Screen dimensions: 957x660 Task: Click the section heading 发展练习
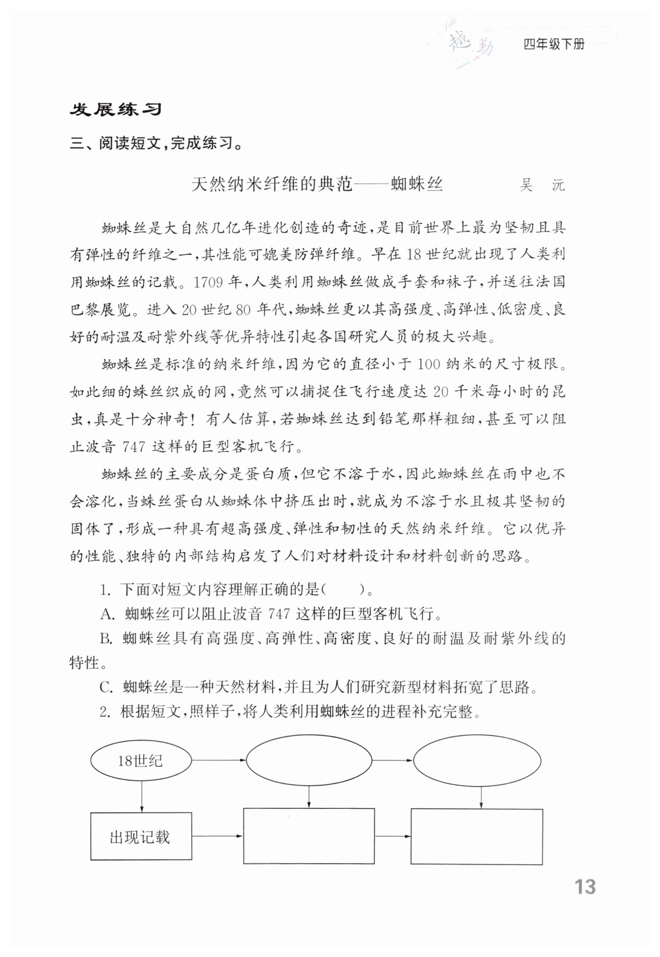pos(115,109)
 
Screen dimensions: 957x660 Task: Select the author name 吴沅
pos(542,186)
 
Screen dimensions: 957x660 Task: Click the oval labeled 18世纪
pos(140,761)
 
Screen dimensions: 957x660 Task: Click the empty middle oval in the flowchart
pos(308,761)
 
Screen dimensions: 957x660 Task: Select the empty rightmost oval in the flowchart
pos(477,761)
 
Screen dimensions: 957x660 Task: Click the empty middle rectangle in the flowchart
pos(309,836)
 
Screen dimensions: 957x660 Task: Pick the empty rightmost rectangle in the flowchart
pos(477,837)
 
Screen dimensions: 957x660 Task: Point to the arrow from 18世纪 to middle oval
pos(218,760)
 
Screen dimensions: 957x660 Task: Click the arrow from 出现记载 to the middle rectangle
pos(217,836)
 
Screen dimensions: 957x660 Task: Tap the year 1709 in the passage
pos(208,282)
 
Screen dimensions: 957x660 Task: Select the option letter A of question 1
pos(107,614)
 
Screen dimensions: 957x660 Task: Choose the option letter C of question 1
pos(106,687)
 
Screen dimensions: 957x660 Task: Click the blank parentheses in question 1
pos(344,590)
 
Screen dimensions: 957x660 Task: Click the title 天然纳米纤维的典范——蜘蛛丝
pos(317,185)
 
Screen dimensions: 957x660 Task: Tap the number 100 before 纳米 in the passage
pos(430,364)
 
